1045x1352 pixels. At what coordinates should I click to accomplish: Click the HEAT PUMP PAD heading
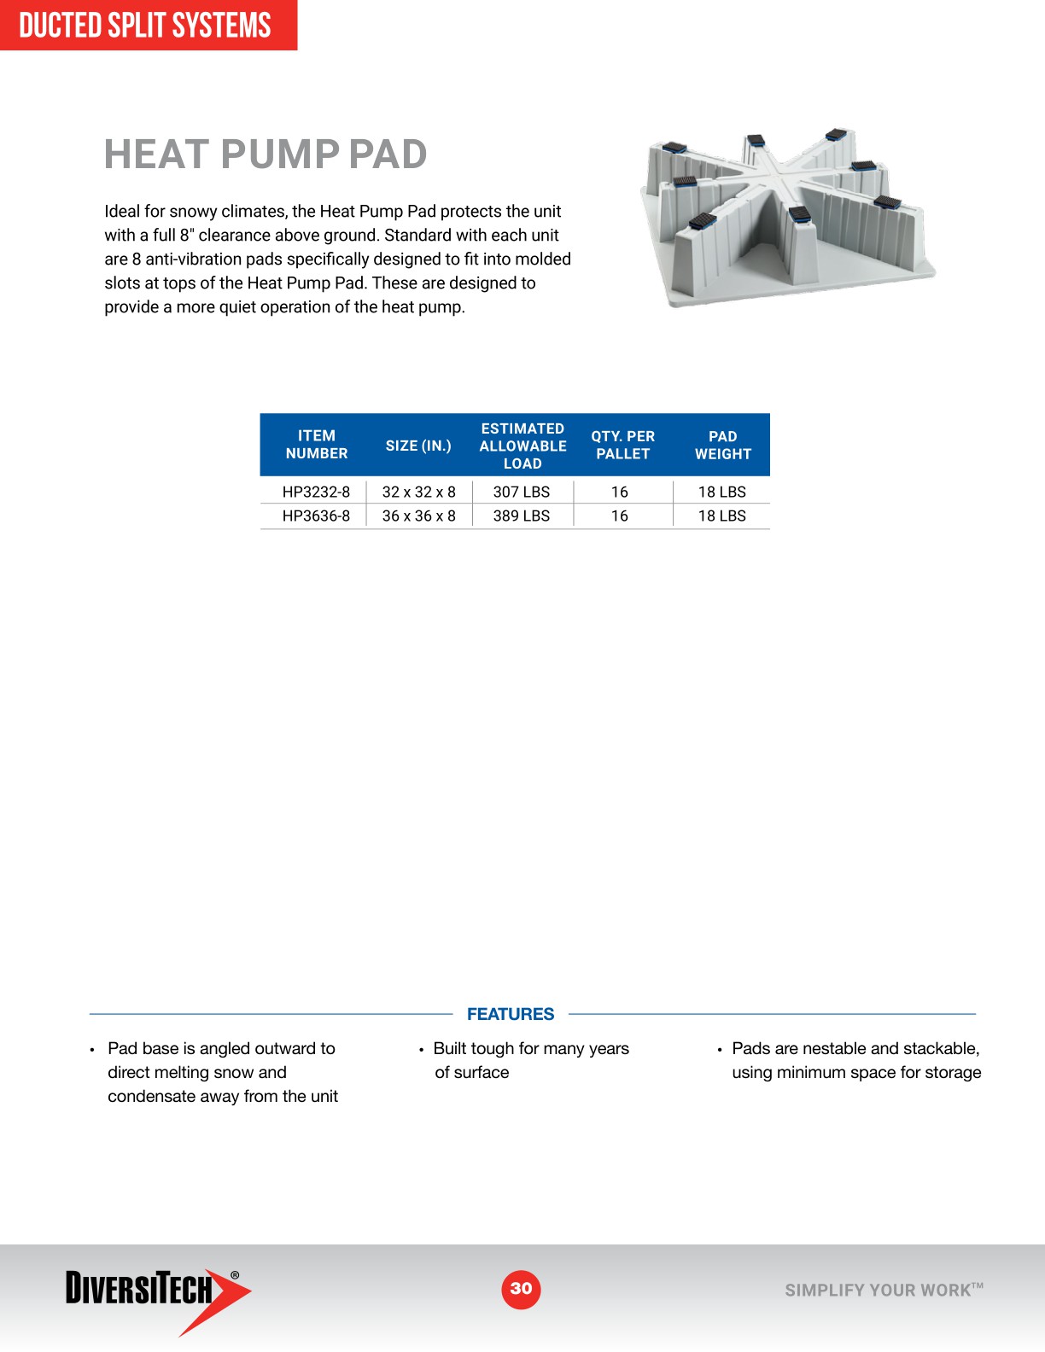pos(266,154)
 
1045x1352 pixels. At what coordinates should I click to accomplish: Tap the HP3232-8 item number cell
pos(316,492)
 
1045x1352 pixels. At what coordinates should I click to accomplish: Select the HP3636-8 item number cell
pos(316,516)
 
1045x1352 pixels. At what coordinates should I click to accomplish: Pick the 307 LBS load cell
pos(522,492)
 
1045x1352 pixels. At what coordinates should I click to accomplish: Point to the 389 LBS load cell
pos(522,516)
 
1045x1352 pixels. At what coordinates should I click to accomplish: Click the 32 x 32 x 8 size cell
pos(418,492)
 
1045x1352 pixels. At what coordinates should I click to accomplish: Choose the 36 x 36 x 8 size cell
pos(418,516)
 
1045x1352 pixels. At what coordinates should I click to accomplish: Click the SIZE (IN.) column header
pos(418,446)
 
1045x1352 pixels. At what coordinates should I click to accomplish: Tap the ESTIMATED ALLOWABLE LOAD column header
pos(522,446)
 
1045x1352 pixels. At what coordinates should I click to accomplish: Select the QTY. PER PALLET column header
pos(623,446)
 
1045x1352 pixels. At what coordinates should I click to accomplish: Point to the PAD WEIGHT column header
pos(722,446)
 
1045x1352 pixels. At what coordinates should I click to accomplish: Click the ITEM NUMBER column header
pos(317,445)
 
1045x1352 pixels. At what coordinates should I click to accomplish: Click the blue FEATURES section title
pos(511,1014)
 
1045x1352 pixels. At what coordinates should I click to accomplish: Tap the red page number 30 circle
pos(521,1289)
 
